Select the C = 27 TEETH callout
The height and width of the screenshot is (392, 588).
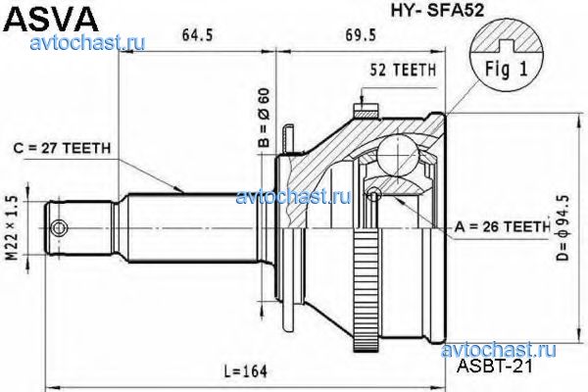point(67,149)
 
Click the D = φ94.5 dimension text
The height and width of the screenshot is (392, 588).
point(562,227)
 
